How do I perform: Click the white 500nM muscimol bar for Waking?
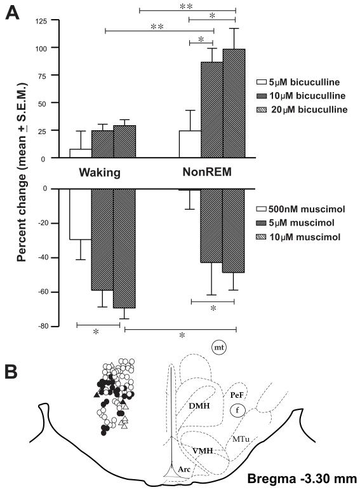(x=80, y=214)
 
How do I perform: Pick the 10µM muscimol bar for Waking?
(x=124, y=248)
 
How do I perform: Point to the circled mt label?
(x=220, y=348)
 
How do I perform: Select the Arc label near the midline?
(x=184, y=469)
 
